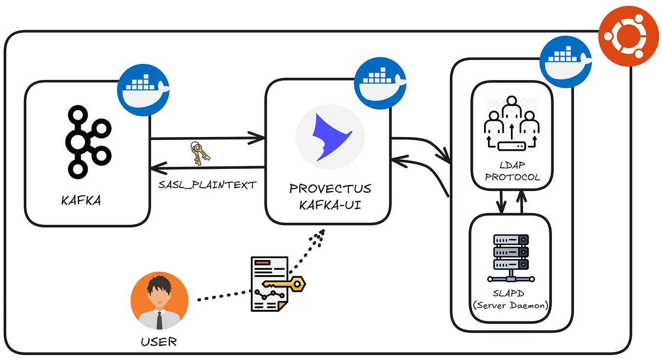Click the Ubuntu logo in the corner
[x=628, y=36]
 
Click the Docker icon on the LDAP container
[x=565, y=61]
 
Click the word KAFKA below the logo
[x=81, y=200]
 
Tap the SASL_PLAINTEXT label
[x=207, y=185]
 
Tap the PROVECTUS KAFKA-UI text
[x=330, y=196]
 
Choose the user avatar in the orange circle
[x=159, y=300]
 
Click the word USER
[x=159, y=341]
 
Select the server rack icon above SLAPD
[x=510, y=259]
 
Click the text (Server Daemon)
[x=511, y=306]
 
